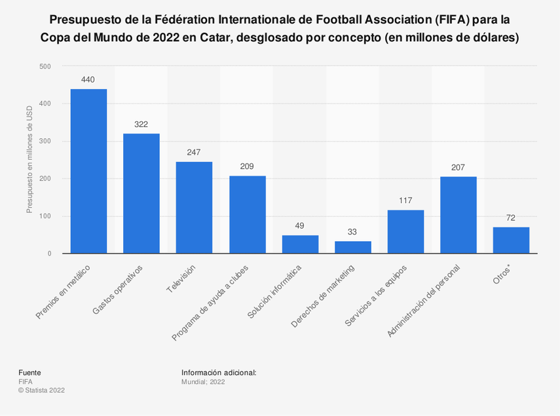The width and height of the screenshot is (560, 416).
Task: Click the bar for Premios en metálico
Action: (x=88, y=172)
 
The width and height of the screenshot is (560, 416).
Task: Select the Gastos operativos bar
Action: (x=141, y=193)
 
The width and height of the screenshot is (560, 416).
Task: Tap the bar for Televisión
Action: (x=194, y=208)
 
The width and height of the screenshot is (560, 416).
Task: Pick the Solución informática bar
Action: (x=300, y=244)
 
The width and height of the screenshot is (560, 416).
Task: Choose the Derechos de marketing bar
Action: (x=353, y=247)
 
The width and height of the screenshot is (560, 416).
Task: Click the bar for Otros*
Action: (x=511, y=240)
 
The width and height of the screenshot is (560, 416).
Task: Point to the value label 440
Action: (x=88, y=80)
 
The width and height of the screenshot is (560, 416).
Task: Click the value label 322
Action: (x=141, y=124)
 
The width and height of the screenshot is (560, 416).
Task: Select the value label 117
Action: (x=405, y=200)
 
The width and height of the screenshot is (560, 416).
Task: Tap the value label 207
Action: (x=458, y=167)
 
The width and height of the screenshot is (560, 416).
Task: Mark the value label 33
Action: (x=353, y=232)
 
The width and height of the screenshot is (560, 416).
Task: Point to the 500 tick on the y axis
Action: (x=45, y=66)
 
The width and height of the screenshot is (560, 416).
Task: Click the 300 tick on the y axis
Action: (x=45, y=142)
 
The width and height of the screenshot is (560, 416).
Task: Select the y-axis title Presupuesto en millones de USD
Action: (x=29, y=160)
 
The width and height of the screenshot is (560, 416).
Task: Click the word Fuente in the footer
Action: (x=29, y=372)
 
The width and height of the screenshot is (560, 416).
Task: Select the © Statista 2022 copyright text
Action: (x=41, y=390)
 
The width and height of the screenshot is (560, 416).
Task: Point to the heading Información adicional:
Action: (x=219, y=372)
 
